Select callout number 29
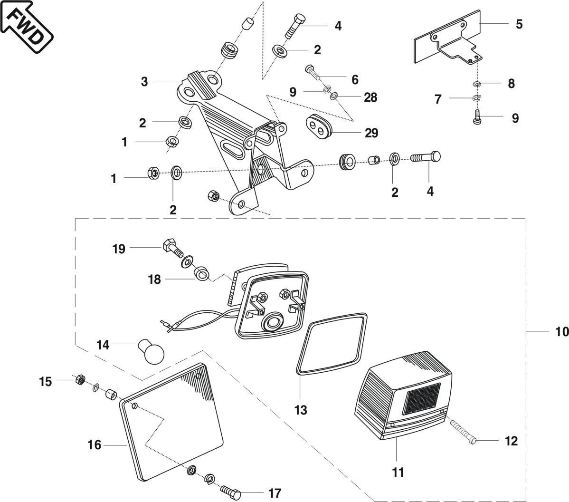371,133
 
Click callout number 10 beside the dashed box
561,331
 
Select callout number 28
370,97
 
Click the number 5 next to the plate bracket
519,24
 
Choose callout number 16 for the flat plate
95,445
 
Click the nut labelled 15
80,379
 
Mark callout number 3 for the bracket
144,82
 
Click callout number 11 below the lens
398,472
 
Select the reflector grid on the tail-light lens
421,397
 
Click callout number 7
438,99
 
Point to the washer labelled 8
477,84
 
